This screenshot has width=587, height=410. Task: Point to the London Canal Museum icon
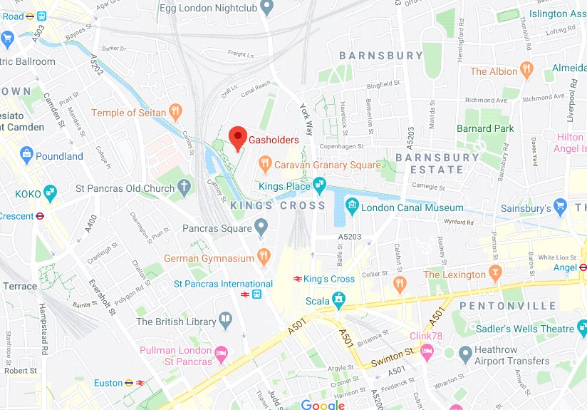coord(350,207)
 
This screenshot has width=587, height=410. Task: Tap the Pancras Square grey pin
coord(262,228)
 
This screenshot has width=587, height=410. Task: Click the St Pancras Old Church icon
coord(185,188)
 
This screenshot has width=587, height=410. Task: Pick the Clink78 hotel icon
coord(427,351)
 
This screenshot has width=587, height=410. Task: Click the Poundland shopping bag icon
coord(26,155)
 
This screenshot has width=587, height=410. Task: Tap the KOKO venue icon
coord(50,193)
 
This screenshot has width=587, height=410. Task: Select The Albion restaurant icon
coord(528,71)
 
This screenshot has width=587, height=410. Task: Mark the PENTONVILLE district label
coord(508,306)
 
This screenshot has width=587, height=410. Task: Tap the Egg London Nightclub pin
coord(267,8)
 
